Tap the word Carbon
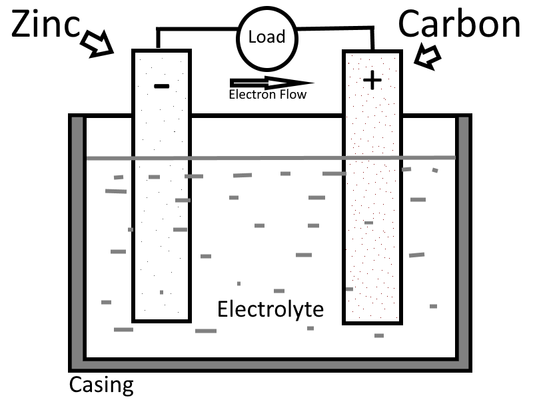coord(459,25)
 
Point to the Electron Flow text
coord(268,95)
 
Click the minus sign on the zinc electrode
coord(161,86)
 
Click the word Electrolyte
coord(270,310)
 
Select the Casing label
coord(101,385)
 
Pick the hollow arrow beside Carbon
coord(427,56)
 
